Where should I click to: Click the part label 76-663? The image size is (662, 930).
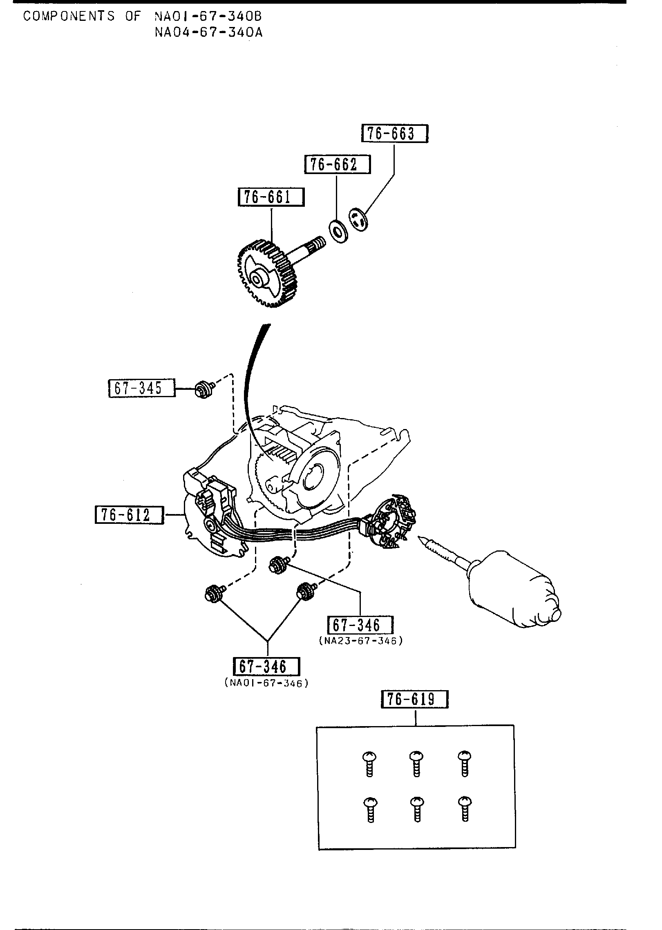pos(394,134)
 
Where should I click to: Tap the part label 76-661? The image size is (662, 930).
pos(271,197)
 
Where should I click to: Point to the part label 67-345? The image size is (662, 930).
pos(141,388)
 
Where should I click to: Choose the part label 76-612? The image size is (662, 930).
pos(129,515)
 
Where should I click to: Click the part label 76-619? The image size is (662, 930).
pos(414,699)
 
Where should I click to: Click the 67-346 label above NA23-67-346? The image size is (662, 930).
pos(360,625)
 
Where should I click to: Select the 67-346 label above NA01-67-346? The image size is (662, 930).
pos(266,666)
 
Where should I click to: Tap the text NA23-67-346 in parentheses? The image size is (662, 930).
pos(360,641)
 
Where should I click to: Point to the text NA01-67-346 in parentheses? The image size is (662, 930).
pos(266,683)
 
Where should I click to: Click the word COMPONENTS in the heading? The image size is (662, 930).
pos(69,16)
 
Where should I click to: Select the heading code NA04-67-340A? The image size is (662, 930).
pos(208,32)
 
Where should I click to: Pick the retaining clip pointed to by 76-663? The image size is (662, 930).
pos(358,219)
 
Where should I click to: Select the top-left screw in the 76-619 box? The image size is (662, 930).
pos(369,762)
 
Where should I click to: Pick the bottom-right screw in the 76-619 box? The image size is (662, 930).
pos(464,808)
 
